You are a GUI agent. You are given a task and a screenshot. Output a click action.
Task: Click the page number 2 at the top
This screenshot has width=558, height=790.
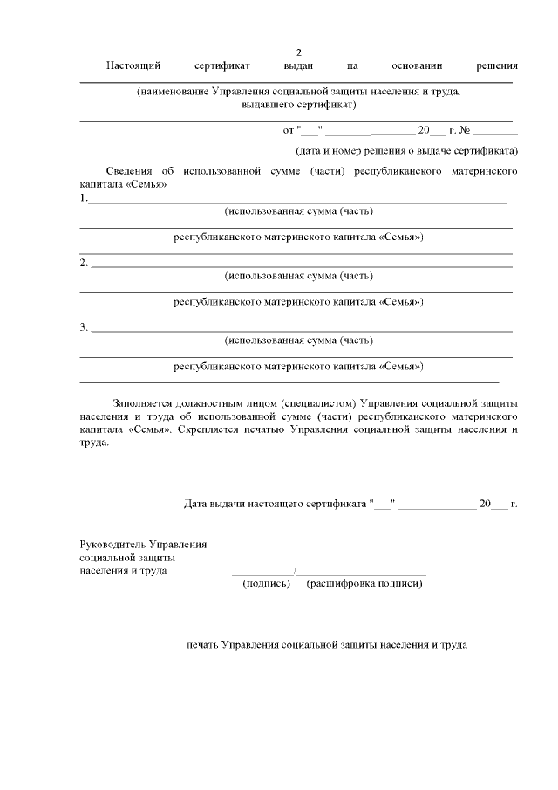click(x=299, y=52)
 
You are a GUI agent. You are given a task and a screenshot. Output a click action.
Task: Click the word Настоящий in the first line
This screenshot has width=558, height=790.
click(x=131, y=65)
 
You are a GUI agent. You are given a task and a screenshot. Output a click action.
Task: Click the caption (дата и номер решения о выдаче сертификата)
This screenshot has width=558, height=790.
click(x=406, y=150)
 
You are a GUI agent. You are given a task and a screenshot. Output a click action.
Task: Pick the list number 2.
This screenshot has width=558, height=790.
click(x=83, y=262)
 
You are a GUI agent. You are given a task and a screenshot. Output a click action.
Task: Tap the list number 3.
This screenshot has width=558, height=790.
click(x=83, y=326)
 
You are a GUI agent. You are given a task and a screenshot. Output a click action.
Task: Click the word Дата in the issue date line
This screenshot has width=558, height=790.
click(x=198, y=504)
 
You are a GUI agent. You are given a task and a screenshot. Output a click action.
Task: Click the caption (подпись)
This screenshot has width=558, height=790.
click(x=266, y=583)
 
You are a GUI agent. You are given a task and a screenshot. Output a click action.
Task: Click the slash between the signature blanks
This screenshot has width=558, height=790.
click(x=296, y=572)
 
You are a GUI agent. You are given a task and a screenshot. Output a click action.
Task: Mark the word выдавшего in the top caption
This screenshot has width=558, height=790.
click(x=269, y=104)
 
